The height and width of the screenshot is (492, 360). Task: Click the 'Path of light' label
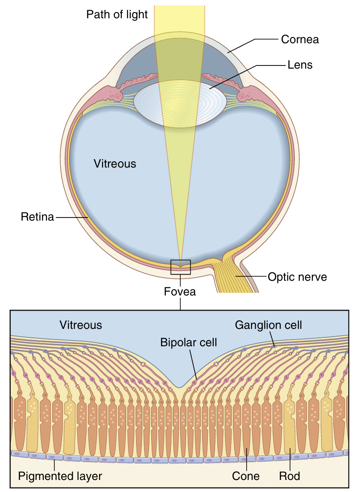tap(117, 15)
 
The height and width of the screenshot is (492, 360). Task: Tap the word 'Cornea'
tap(300, 40)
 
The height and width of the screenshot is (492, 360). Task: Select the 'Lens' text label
tap(300, 65)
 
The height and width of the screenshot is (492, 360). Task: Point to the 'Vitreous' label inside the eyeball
tap(115, 164)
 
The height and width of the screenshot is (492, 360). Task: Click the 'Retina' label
tap(37, 217)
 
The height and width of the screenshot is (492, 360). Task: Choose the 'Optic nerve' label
tap(297, 277)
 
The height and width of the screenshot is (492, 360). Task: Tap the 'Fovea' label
tap(180, 292)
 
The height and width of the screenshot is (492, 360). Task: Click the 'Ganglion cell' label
tap(269, 325)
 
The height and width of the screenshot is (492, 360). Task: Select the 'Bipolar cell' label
tap(189, 343)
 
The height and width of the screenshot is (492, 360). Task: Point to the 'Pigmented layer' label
tap(60, 476)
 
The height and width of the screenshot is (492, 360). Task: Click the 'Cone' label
tap(246, 476)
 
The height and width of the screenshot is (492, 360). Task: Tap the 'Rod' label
tap(290, 476)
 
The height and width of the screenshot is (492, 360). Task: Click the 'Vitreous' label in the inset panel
tap(81, 325)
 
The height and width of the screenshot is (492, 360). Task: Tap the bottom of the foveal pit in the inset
tap(180, 386)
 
